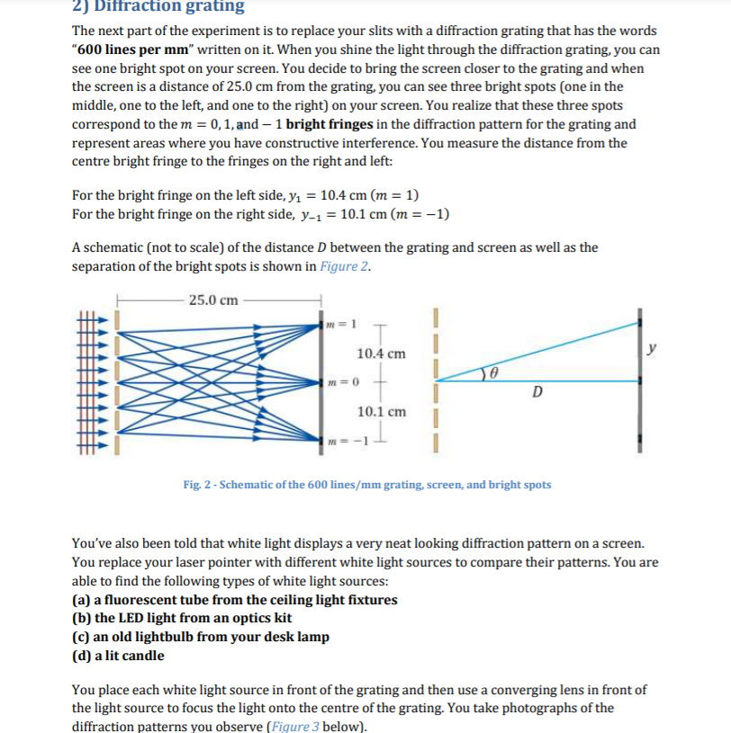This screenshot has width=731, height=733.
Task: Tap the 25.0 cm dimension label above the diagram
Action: [214, 299]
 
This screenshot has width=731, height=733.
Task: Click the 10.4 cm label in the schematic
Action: [381, 354]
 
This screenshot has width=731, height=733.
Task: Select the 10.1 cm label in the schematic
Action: [381, 412]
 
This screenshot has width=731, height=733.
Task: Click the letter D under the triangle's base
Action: [537, 392]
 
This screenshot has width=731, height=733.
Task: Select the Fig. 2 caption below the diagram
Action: [366, 485]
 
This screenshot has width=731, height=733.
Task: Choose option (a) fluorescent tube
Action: [234, 600]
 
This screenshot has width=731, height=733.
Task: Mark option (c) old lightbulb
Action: [200, 637]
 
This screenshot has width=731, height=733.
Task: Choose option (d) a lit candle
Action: [118, 656]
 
